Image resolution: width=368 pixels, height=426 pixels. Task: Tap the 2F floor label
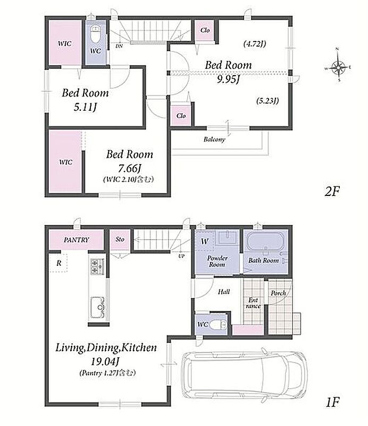click(x=332, y=192)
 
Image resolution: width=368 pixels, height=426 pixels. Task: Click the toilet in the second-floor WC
click(x=95, y=34)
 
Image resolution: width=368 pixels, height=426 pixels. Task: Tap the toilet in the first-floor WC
click(x=219, y=325)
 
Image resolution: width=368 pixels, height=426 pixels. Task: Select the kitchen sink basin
click(x=98, y=307)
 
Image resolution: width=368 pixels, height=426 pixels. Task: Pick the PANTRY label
click(x=76, y=240)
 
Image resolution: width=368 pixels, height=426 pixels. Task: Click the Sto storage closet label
click(x=120, y=239)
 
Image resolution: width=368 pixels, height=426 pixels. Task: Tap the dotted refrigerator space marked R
click(x=58, y=263)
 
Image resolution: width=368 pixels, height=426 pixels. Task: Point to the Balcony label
click(x=214, y=140)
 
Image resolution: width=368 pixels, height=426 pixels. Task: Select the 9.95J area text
click(x=228, y=79)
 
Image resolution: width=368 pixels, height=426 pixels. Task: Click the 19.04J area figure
click(x=106, y=362)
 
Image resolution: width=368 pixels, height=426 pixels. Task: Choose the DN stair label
click(x=119, y=46)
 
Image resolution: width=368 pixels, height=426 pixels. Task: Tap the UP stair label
click(x=181, y=256)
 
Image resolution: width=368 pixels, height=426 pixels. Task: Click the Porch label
click(x=278, y=293)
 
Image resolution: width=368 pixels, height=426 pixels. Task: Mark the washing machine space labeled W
click(x=205, y=241)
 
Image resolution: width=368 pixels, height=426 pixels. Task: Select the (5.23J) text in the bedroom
click(x=267, y=101)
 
